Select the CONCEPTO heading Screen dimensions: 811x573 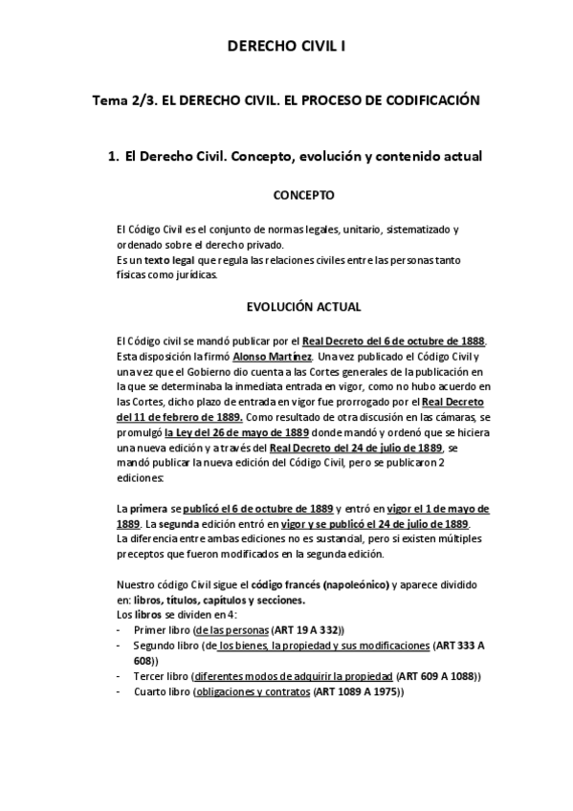pos(303,195)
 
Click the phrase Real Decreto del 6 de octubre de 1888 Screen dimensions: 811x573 pos(394,341)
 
